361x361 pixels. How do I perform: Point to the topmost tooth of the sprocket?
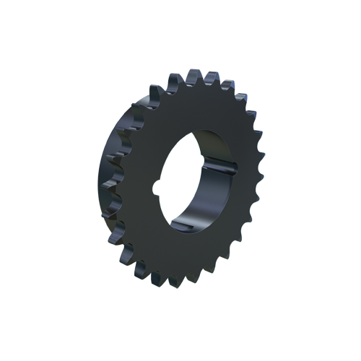(x=193, y=74)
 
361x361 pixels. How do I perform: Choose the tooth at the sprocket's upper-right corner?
(x=241, y=94)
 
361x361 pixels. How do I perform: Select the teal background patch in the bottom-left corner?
(x=108, y=278)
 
